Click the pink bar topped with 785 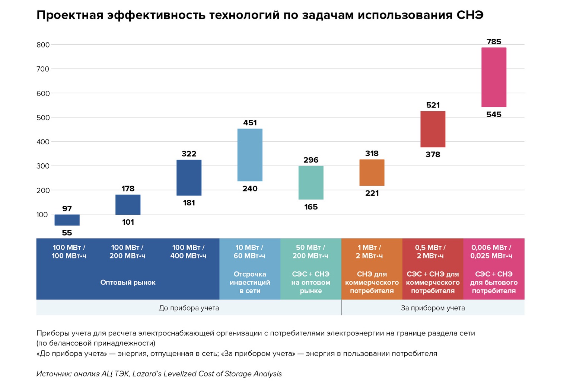494,77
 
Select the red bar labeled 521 433,129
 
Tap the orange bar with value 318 372,173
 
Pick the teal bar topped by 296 311,183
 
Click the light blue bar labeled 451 250,155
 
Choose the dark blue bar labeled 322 189,177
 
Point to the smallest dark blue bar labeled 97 67,220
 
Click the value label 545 494,115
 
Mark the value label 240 250,189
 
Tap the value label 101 128,222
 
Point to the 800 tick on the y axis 43,45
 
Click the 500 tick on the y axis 43,118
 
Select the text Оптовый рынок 128,282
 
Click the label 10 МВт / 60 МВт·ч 249,251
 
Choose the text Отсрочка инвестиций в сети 250,282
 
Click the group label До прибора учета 189,308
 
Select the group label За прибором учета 433,308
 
